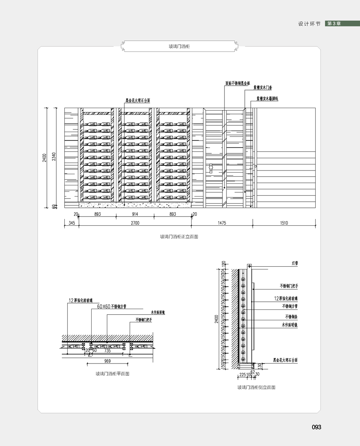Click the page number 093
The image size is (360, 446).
coord(316,427)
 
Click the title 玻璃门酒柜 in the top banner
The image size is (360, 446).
coord(179,46)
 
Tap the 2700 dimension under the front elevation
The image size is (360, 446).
coord(135,223)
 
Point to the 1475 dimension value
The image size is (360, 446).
coord(222,223)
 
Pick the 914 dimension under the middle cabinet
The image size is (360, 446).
coord(135,215)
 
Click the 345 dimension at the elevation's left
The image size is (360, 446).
coord(71,223)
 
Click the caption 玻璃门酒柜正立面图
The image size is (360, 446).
coord(179,237)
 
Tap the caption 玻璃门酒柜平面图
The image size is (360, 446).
coord(112,374)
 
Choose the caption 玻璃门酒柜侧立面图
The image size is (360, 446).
coord(256,388)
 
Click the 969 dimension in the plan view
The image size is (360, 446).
coord(107,361)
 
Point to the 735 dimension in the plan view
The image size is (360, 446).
coord(107,350)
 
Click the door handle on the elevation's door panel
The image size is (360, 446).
coord(210,168)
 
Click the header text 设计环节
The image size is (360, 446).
coord(309,24)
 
